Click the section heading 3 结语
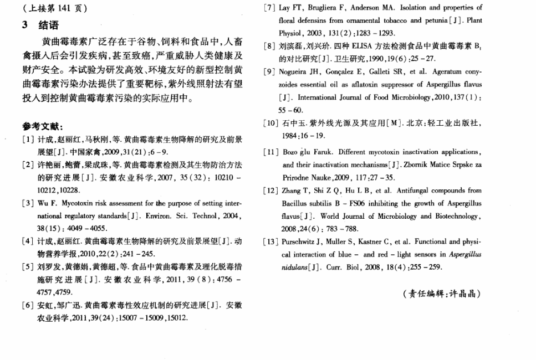point(39,25)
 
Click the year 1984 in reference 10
point(292,135)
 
